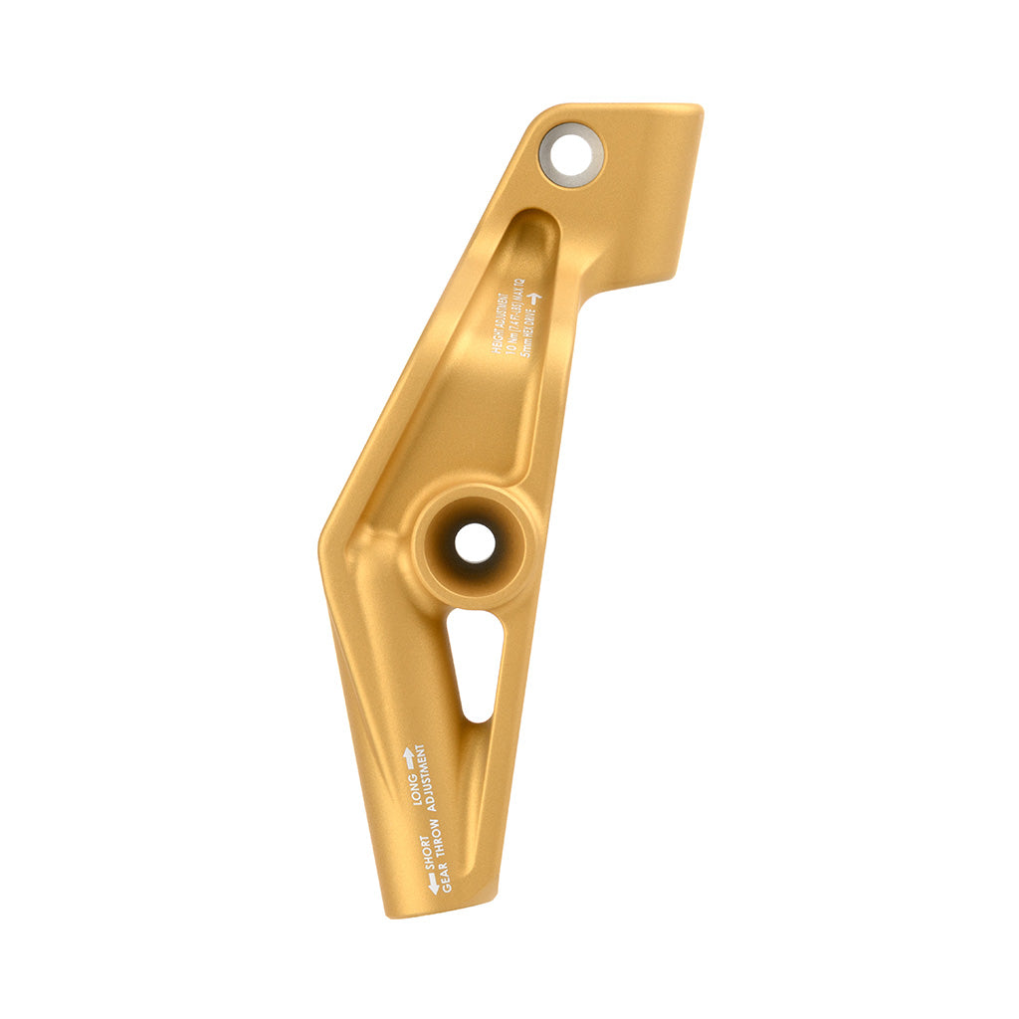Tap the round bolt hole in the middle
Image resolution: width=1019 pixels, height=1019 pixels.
pos(474,543)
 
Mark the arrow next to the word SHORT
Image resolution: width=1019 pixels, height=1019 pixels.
pos(433,883)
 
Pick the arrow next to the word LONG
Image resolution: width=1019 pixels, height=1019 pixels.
pos(408,758)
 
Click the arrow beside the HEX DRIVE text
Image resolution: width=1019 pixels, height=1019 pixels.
pos(534,298)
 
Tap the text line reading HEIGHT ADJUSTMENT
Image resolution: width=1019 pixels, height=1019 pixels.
pos(501,323)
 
